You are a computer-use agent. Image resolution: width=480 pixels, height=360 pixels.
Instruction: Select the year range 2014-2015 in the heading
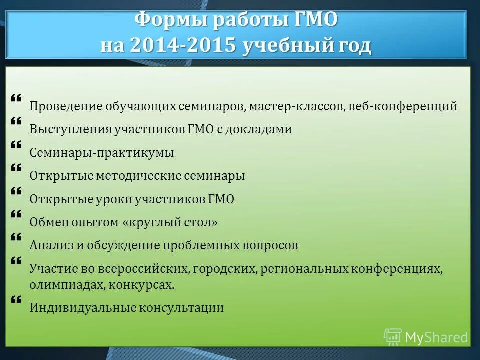point(182,46)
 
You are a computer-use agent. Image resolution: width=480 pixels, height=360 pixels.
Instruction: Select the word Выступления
point(70,129)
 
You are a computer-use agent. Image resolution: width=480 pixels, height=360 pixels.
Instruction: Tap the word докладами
point(260,129)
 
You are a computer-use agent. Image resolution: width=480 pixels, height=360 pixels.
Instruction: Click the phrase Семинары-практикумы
point(102,153)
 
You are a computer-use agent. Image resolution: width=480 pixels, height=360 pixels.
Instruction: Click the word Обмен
point(49,222)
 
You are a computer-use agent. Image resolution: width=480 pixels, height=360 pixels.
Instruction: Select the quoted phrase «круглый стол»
point(170,222)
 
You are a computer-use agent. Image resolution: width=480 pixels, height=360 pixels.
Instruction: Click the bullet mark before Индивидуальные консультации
point(15,300)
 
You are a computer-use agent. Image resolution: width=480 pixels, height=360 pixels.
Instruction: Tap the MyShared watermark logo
point(426,337)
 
